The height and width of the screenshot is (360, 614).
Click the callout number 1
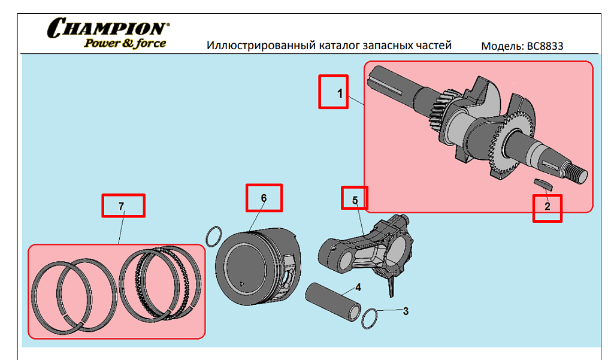340,93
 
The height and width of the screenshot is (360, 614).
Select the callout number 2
548,206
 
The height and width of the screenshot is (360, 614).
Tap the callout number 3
406,311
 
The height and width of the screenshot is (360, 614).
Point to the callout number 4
358,288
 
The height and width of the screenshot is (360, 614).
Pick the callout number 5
355,200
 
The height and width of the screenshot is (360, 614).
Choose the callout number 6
264,198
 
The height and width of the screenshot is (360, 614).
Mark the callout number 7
121,206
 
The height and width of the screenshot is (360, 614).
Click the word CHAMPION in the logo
108,28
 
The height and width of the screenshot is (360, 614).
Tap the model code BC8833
545,46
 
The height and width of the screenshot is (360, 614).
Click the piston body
258,267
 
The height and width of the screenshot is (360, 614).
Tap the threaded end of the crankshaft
577,173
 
